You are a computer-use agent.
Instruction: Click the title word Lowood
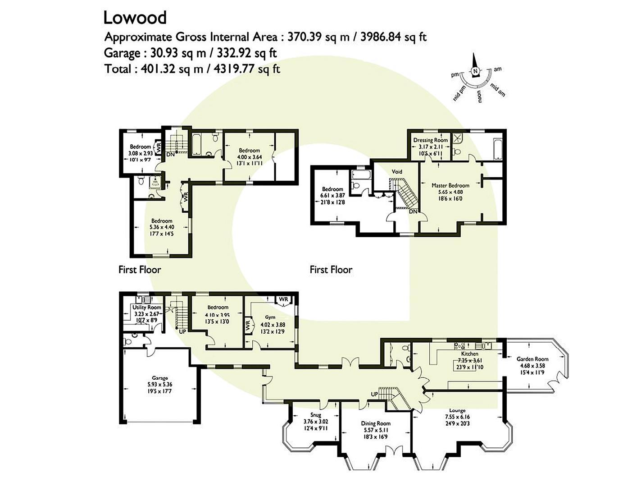(x=135, y=18)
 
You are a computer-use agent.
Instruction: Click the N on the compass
(x=474, y=71)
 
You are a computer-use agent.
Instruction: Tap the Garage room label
(x=159, y=378)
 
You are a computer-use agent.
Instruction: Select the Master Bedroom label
(x=450, y=185)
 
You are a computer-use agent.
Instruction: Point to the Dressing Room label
(x=430, y=140)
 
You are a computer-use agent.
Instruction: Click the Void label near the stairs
(x=396, y=172)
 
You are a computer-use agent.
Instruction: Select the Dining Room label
(x=375, y=423)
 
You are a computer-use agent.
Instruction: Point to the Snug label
(x=315, y=415)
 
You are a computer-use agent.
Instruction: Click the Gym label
(x=270, y=317)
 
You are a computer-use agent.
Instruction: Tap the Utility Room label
(x=147, y=307)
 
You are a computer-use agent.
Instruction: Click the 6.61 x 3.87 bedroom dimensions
(x=332, y=196)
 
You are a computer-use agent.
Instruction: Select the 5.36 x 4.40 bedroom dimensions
(x=161, y=227)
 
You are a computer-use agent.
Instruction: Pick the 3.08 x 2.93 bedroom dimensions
(x=140, y=153)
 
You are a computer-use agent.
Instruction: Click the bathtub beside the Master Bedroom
(x=497, y=148)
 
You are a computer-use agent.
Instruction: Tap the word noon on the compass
(x=480, y=96)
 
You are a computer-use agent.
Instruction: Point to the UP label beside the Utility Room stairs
(x=182, y=331)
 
